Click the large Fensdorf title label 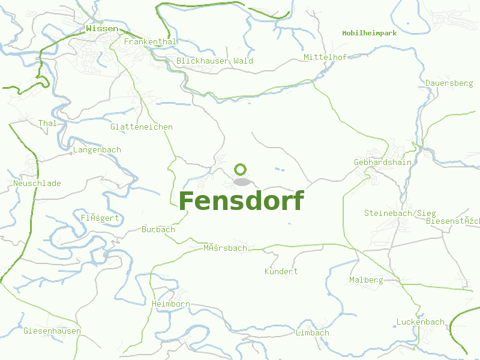point(241,201)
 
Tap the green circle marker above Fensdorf point(241,170)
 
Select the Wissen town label point(102,28)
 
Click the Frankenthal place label point(150,42)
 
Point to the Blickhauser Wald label point(215,61)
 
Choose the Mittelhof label point(326,58)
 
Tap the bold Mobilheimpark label point(370,33)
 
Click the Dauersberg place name point(449,83)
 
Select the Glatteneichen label point(142,127)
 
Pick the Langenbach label point(97,149)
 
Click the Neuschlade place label point(37,183)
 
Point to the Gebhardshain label point(383,162)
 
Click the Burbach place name point(158,229)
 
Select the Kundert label point(281,271)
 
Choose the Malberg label point(366,280)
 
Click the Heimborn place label point(171,304)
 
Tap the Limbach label point(313,332)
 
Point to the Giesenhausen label point(52,331)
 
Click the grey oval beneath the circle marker point(241,182)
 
